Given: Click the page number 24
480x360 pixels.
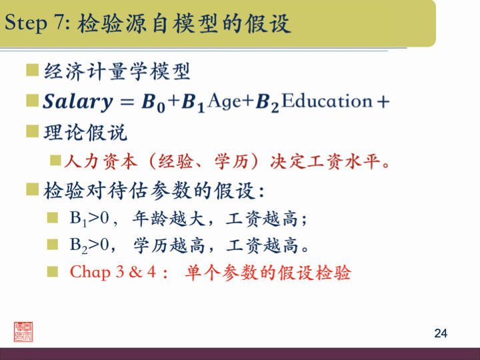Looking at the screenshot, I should click(441, 333).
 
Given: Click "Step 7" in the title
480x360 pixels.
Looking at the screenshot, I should click(36, 24).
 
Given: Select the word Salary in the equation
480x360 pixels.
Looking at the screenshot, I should click(77, 102).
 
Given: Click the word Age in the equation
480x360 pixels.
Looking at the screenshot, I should click(223, 102).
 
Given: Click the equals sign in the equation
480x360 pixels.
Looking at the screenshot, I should click(126, 103).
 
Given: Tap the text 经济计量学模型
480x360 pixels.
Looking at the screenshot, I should click(117, 71).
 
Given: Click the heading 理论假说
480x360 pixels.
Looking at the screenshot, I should click(85, 132).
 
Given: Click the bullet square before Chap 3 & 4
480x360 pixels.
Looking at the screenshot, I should click(54, 272).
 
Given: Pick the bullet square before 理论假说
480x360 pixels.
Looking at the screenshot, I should click(33, 131).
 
